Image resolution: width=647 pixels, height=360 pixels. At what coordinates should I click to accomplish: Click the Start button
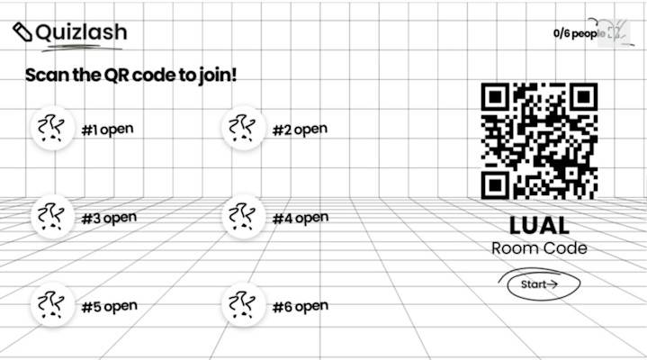[x=539, y=284]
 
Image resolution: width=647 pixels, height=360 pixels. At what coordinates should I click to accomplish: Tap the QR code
[x=539, y=140]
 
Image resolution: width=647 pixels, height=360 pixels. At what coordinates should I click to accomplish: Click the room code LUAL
[x=539, y=225]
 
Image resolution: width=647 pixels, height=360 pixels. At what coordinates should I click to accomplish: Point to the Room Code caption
[x=539, y=247]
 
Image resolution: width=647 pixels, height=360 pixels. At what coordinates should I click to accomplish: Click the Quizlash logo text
[x=81, y=32]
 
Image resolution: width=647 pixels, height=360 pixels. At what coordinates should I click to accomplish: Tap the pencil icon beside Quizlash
[x=22, y=31]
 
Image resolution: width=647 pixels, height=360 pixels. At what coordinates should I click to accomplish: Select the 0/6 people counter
[x=576, y=33]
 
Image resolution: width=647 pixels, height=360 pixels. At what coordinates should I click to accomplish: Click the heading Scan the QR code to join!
[x=131, y=75]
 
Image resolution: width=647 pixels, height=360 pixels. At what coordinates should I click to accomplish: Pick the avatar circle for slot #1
[x=53, y=129]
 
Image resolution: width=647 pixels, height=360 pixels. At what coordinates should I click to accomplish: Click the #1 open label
[x=107, y=130]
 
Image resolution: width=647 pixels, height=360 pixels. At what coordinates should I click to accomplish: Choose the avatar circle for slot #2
[x=243, y=129]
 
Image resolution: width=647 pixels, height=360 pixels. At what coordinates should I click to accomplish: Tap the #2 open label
[x=300, y=130]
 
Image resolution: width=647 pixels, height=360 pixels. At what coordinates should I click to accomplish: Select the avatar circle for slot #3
[x=53, y=217]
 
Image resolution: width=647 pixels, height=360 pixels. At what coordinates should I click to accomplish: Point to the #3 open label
[x=108, y=218]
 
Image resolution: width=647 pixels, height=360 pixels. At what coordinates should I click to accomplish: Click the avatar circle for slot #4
[x=243, y=217]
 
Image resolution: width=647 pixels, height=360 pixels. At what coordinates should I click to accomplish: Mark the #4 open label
[x=301, y=218]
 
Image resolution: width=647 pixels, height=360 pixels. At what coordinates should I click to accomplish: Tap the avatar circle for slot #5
[x=53, y=305]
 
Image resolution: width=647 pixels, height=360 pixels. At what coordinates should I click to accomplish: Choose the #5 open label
[x=109, y=306]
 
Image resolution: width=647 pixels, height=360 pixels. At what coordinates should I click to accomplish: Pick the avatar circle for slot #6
[x=243, y=305]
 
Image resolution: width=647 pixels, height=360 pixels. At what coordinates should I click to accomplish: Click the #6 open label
[x=301, y=306]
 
